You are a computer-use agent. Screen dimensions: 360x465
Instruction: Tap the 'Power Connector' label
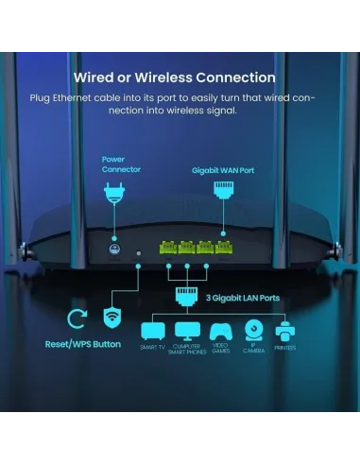point(113,164)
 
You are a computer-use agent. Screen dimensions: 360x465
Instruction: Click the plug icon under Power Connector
point(113,195)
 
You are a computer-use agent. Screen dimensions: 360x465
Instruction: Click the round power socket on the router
point(114,251)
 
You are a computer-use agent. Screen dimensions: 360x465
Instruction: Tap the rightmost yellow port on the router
point(225,250)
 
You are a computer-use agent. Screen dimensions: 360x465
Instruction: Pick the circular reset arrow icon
point(77,319)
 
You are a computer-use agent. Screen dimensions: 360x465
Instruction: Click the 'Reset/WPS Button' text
point(83,344)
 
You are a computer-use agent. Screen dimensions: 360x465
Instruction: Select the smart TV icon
point(152,332)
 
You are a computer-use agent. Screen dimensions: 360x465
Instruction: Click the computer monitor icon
point(186,332)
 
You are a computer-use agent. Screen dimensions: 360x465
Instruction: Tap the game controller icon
point(219,332)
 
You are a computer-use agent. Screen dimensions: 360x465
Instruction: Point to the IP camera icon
point(252,330)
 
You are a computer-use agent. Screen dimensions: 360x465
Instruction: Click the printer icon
point(285,332)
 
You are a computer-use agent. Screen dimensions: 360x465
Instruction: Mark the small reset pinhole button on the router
point(139,252)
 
